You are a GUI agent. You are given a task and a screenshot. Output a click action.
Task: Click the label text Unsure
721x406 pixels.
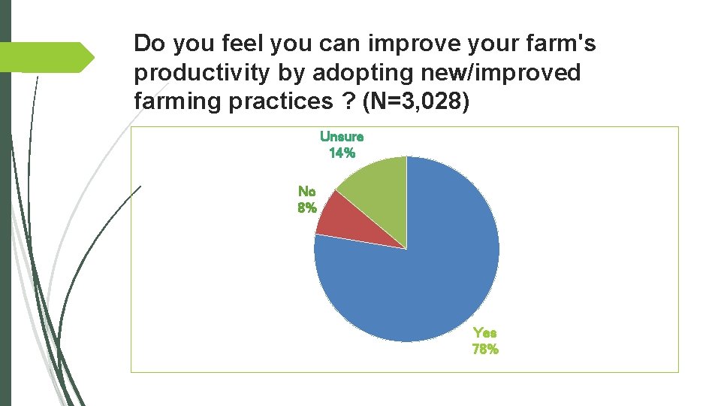[342, 137]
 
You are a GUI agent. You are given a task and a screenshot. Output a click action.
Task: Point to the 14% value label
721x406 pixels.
[342, 153]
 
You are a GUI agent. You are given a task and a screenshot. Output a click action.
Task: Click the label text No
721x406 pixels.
[306, 192]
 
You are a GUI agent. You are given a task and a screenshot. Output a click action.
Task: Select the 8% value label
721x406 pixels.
[306, 208]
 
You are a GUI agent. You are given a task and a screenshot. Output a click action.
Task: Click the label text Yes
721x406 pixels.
[484, 332]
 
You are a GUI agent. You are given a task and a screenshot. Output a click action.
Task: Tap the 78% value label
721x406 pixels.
[484, 349]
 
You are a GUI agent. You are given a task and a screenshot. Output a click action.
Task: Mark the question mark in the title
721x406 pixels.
[349, 101]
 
